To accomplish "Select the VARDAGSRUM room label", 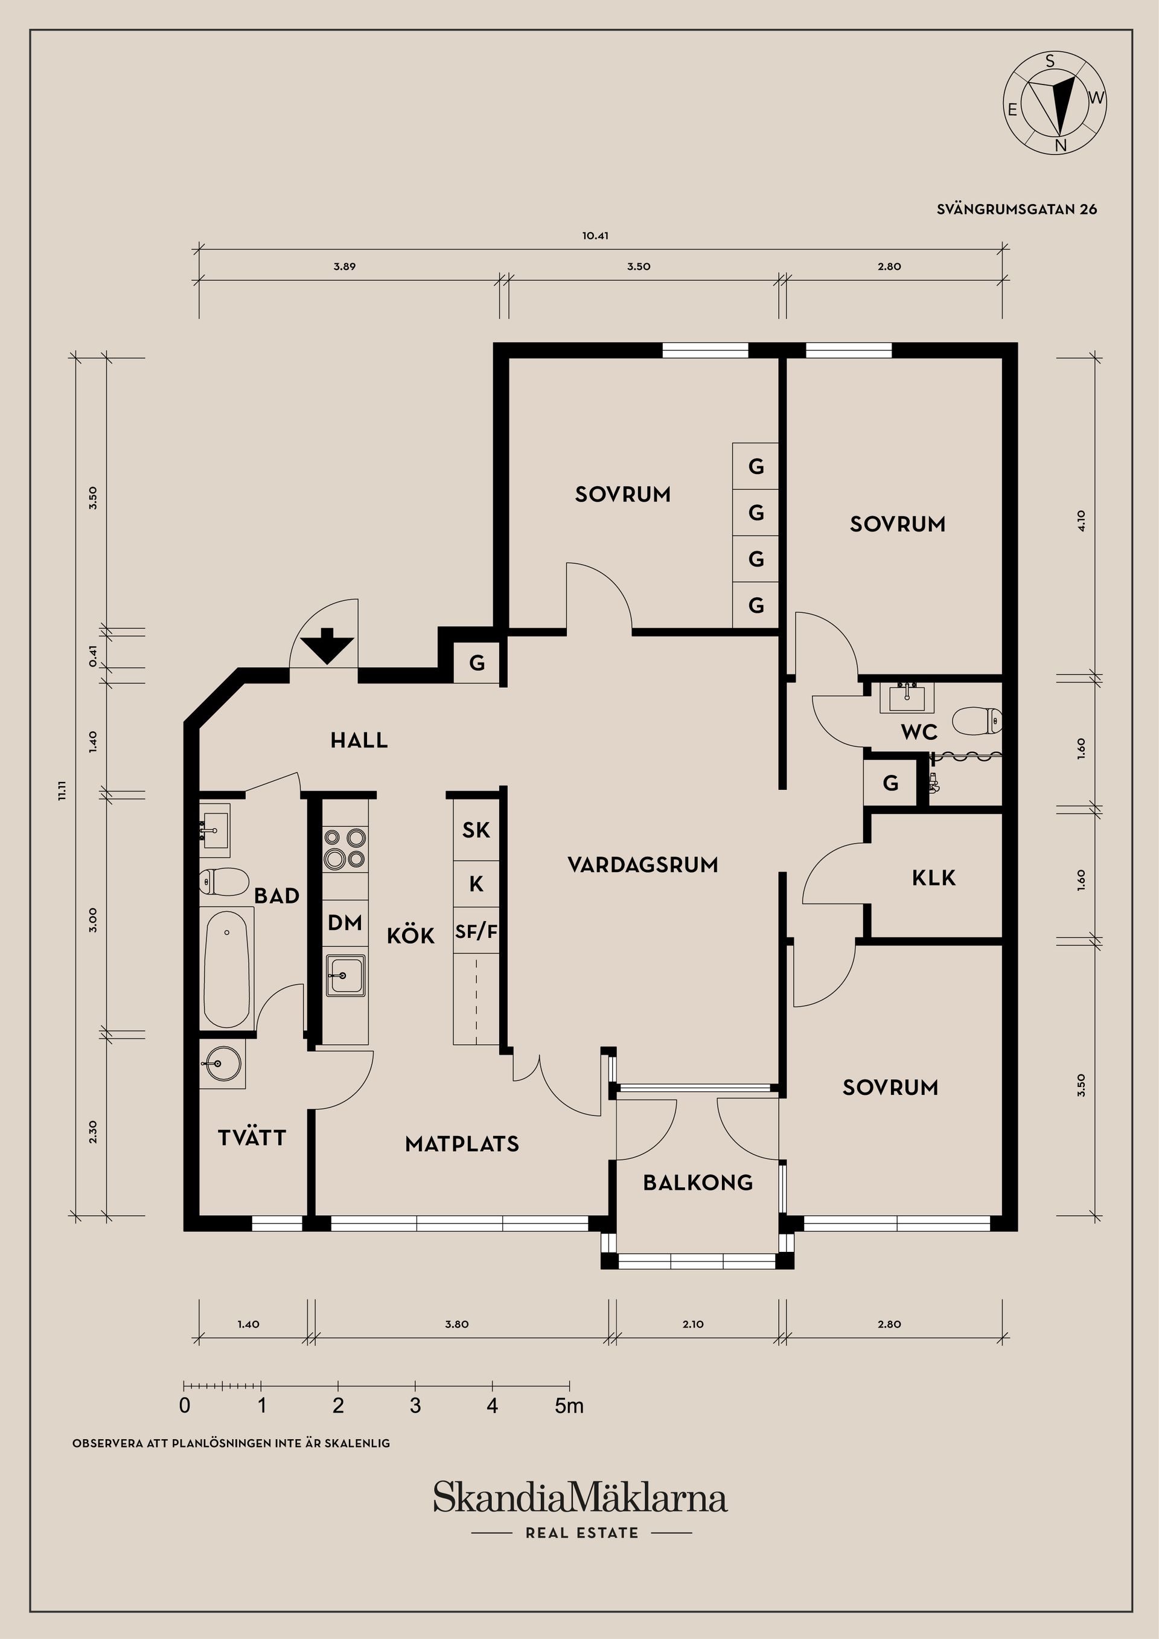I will (x=642, y=865).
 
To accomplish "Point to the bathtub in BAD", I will (x=228, y=968).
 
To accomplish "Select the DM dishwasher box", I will (x=345, y=923).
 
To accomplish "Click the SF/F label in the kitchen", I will (x=476, y=932).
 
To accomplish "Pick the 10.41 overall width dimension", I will (x=595, y=236).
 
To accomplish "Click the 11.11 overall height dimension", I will (x=63, y=791).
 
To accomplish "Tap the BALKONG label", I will (x=697, y=1183).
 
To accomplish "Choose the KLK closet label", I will (x=933, y=878).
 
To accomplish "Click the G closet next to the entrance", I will (x=477, y=663).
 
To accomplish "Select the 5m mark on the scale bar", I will (x=569, y=1406).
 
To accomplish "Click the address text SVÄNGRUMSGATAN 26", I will (x=1017, y=209).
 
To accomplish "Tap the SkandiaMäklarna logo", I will (x=580, y=1498).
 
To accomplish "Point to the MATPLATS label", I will (x=462, y=1144).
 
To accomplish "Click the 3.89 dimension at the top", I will (x=344, y=267).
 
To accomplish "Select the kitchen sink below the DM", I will (x=345, y=975).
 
